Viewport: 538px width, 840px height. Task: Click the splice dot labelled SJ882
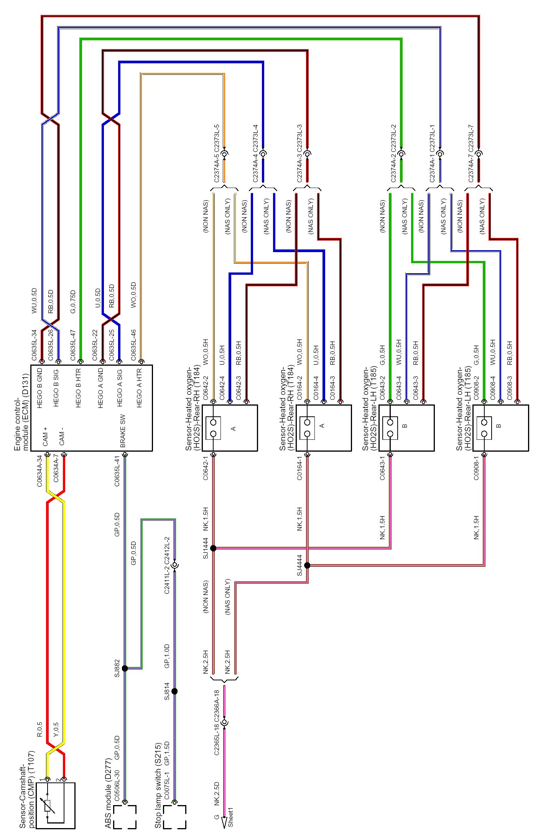click(125, 668)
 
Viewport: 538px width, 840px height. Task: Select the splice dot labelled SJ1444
click(213, 548)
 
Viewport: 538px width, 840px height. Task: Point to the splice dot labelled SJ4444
click(307, 565)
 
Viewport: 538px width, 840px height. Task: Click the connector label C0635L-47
click(73, 345)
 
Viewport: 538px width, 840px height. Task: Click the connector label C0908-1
click(476, 468)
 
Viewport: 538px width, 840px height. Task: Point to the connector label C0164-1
click(299, 468)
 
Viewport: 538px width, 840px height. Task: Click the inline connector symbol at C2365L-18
click(225, 723)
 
